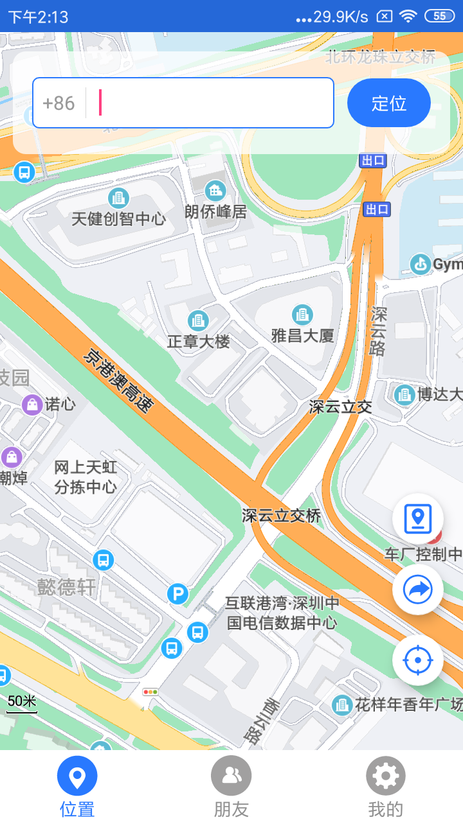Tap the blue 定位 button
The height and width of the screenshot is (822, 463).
[388, 103]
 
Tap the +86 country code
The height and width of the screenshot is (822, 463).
[59, 103]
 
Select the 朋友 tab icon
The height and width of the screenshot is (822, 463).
[231, 776]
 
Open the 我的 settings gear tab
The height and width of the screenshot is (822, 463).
[385, 776]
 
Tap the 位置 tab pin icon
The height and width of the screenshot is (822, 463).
[77, 776]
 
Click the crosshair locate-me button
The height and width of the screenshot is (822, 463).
[418, 660]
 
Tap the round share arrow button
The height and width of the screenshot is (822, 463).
[418, 590]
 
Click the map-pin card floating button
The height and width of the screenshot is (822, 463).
[418, 518]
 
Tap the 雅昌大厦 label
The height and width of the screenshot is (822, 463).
[303, 335]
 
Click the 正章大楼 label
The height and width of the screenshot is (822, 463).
[198, 341]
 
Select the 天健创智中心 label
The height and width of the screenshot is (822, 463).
[118, 218]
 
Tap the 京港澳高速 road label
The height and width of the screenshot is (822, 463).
[119, 380]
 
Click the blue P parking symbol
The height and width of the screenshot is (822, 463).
[177, 594]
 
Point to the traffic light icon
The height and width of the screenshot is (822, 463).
[151, 692]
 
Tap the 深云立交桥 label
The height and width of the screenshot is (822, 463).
[281, 515]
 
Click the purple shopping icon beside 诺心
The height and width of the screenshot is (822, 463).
[32, 404]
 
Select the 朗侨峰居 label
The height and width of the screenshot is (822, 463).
[215, 211]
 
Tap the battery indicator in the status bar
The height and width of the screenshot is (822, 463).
[440, 16]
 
